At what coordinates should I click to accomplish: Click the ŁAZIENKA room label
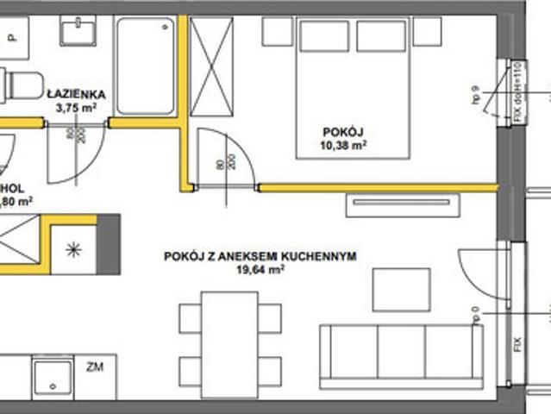[x=77, y=94]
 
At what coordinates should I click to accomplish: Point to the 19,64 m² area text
[x=260, y=269]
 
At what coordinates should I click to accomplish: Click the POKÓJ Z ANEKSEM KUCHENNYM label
[x=260, y=255]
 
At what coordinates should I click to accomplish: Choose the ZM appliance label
[x=96, y=367]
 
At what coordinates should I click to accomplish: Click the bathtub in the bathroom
[x=145, y=65]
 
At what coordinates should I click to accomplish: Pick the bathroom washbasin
[x=83, y=32]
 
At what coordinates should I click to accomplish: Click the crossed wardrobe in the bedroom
[x=212, y=65]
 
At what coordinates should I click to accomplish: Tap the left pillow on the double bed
[x=323, y=35]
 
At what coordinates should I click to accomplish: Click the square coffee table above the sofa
[x=400, y=289]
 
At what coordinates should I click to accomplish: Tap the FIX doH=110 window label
[x=518, y=91]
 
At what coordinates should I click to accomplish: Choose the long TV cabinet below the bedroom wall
[x=401, y=204]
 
